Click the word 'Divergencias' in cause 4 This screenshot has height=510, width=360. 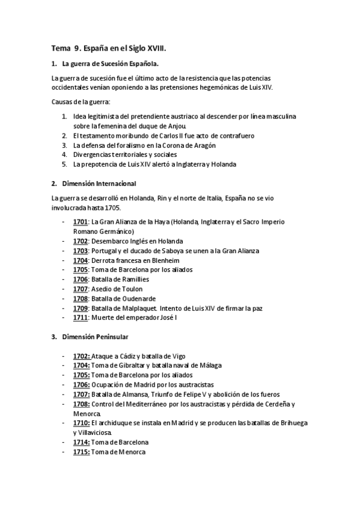(x=93, y=155)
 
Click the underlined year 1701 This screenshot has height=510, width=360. (x=81, y=222)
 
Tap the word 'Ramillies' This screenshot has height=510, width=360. (x=132, y=280)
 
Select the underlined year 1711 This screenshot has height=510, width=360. (x=81, y=318)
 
